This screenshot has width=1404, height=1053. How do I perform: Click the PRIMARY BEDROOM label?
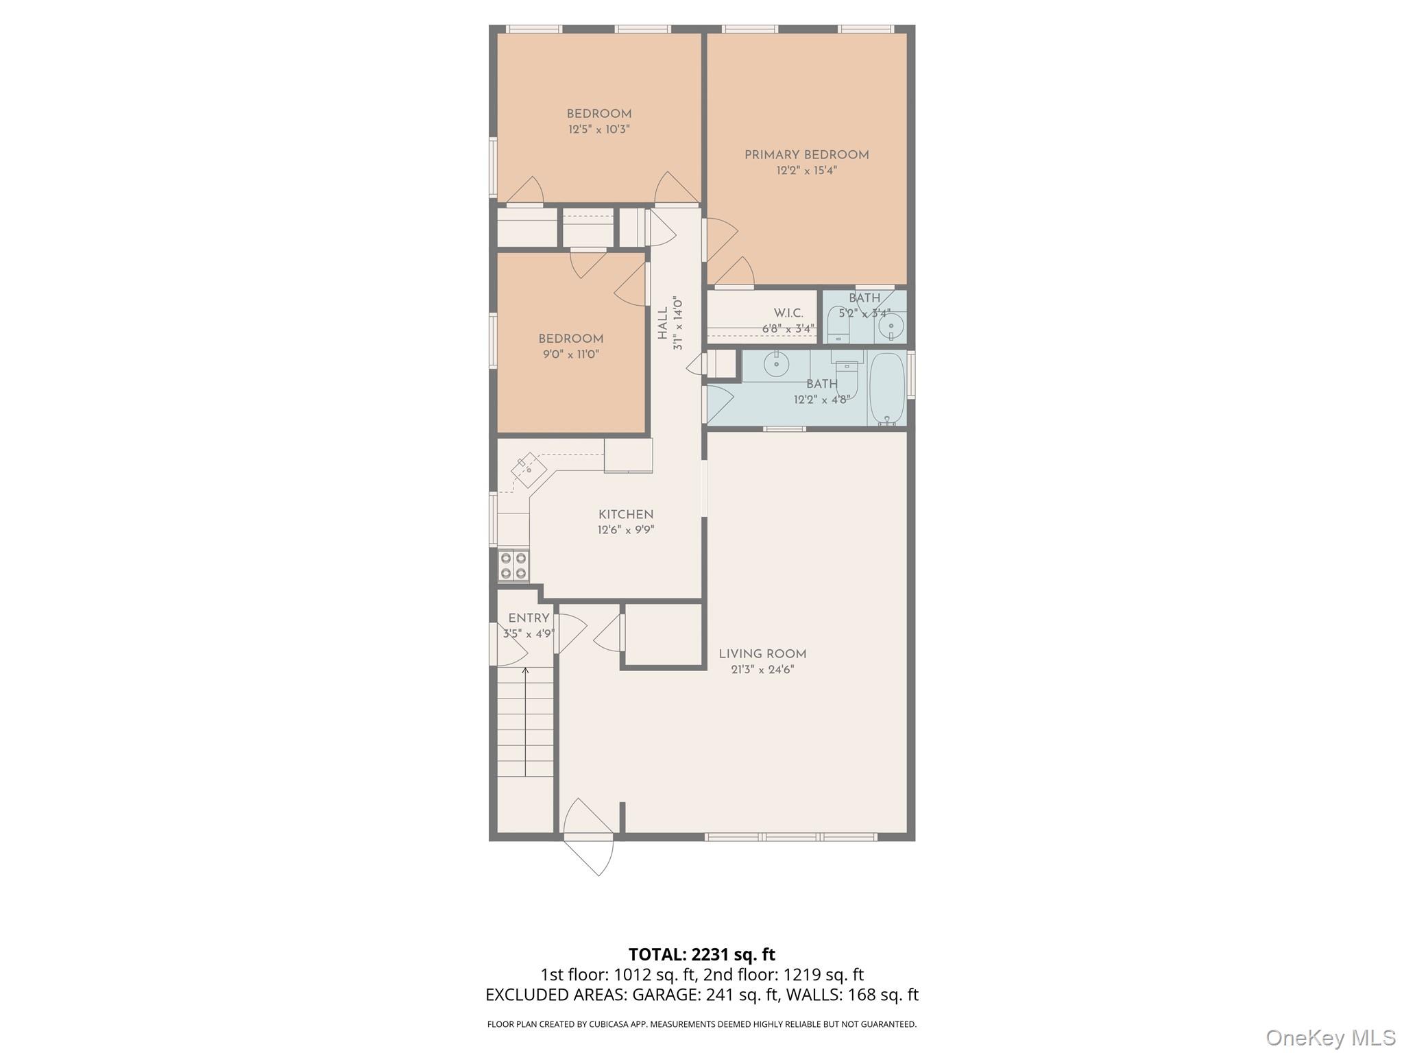point(806,156)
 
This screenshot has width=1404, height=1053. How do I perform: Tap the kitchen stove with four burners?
point(513,566)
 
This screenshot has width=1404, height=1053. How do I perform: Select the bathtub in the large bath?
point(887,389)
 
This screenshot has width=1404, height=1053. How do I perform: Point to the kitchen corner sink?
point(529,469)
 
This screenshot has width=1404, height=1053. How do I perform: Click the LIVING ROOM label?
point(762,654)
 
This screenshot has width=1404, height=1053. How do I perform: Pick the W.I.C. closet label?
point(788,313)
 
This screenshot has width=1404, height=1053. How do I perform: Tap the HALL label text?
point(663,323)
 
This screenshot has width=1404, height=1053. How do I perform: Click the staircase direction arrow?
point(525,721)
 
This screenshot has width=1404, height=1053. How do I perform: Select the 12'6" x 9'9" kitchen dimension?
point(626,530)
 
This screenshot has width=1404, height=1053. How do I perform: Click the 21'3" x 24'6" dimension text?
point(762,670)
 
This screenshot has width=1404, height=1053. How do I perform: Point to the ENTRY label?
point(529,618)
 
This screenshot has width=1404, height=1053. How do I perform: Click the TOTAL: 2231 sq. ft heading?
point(702,954)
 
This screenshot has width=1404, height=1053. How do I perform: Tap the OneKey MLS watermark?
point(1331,1037)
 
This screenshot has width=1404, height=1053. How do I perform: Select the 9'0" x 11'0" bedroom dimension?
point(570,354)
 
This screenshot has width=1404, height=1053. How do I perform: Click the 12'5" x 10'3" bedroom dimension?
point(598,130)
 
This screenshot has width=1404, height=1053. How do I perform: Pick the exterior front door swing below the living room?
point(588,837)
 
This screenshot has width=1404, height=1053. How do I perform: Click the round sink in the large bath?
point(776,364)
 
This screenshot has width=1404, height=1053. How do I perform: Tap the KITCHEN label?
point(626,514)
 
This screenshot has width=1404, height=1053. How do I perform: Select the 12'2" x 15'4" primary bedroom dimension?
point(806,171)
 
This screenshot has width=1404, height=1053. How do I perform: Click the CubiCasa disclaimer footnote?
point(702,1024)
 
